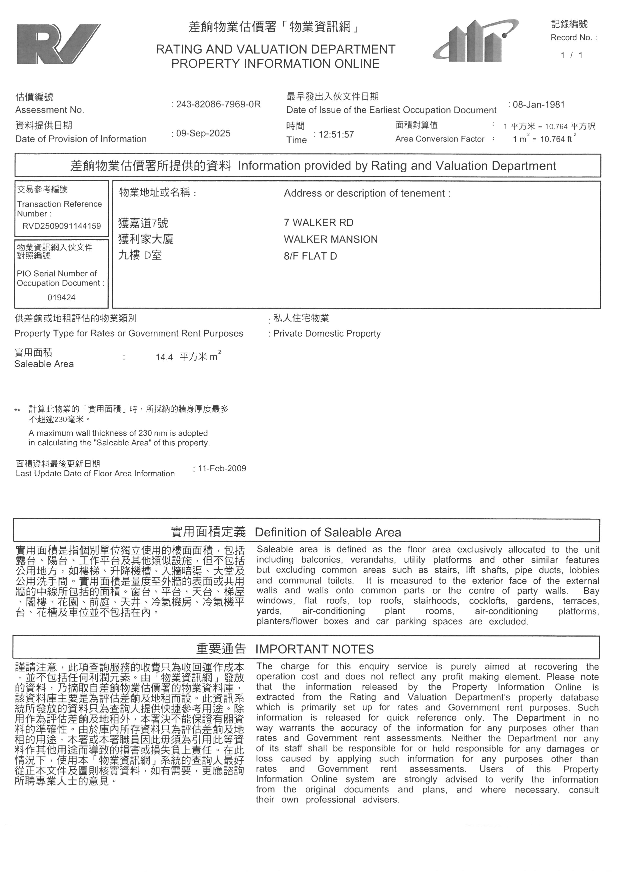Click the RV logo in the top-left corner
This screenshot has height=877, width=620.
(x=58, y=44)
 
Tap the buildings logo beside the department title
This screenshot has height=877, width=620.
(x=475, y=41)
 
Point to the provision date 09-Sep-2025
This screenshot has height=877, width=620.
(x=203, y=133)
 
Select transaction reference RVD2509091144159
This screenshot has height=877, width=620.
(x=61, y=226)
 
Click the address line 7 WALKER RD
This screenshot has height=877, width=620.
(x=318, y=223)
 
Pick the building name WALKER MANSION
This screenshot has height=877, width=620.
(x=330, y=240)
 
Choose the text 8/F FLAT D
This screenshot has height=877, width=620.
(x=310, y=256)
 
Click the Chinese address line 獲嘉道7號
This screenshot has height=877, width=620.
(x=143, y=223)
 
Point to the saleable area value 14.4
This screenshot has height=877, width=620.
(x=164, y=357)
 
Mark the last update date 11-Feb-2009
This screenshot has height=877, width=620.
(x=222, y=468)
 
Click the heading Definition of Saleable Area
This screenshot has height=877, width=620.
(x=327, y=532)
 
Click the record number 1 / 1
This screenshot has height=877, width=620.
(x=571, y=55)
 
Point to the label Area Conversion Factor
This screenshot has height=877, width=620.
(x=440, y=139)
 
